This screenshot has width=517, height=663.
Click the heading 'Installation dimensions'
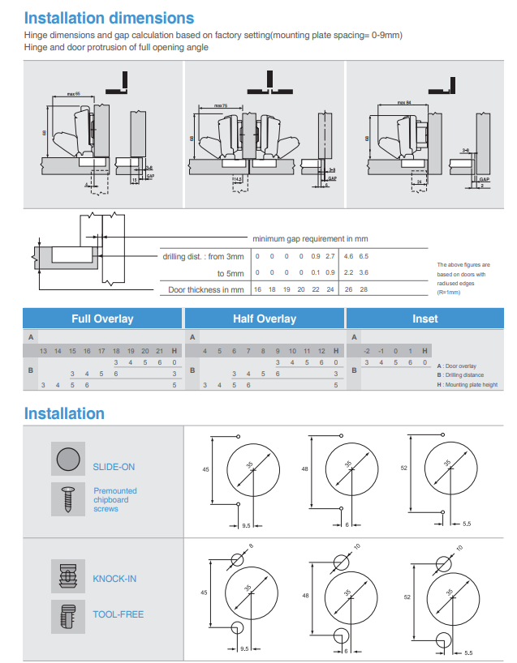click(x=109, y=17)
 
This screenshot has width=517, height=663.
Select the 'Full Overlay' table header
click(x=102, y=319)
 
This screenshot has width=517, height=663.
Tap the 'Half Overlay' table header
click(x=265, y=319)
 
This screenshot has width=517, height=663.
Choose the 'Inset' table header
click(x=424, y=319)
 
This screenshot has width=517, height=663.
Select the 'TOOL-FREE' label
click(x=118, y=614)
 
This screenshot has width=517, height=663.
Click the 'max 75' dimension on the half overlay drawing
click(x=221, y=105)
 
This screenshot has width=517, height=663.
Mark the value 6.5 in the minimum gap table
click(x=364, y=256)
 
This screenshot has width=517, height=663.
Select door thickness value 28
click(x=364, y=289)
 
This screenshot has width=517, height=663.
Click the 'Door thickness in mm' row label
click(x=205, y=289)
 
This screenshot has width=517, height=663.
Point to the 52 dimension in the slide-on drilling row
click(x=403, y=468)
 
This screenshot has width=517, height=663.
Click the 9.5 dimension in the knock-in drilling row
click(x=244, y=648)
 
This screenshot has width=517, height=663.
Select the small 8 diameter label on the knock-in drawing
click(x=251, y=546)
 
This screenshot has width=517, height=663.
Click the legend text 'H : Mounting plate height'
click(x=471, y=384)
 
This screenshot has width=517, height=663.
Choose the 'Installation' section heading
click(x=64, y=413)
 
